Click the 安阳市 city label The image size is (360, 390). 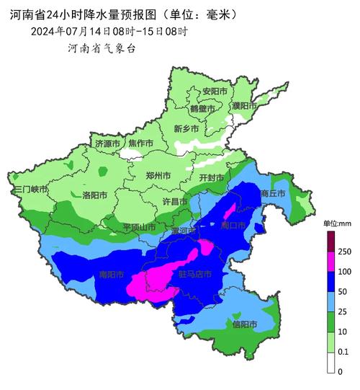coord(215,92)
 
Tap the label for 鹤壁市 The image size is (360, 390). coord(202,108)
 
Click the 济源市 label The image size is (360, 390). coord(109,144)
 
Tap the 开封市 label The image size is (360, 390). coord(212,177)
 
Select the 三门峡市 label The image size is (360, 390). coord(30,189)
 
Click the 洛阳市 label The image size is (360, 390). coord(94,195)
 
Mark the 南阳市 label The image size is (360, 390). coord(111,275)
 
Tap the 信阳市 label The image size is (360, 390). coord(246,324)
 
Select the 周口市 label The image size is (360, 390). coord(233,226)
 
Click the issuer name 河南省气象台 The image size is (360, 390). coord(102,48)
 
